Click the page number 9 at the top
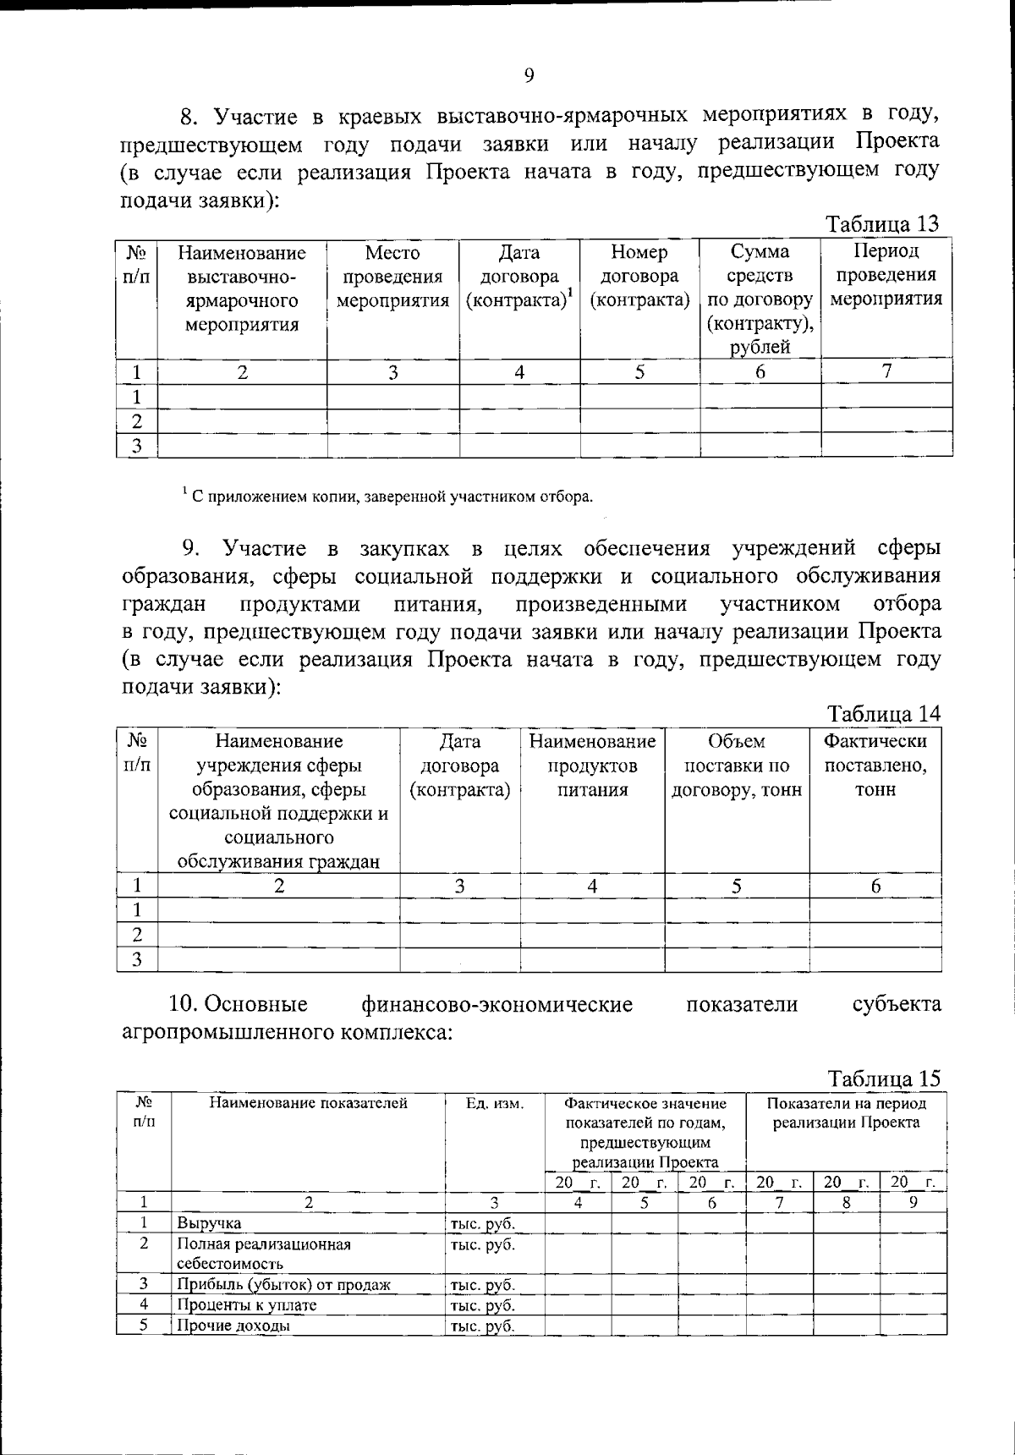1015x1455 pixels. [x=529, y=76]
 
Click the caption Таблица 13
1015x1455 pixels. [x=882, y=224]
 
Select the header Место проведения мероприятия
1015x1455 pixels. [x=392, y=277]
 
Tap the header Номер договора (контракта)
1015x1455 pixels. [x=639, y=277]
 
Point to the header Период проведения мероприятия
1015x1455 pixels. [x=886, y=275]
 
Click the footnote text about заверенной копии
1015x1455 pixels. [x=388, y=497]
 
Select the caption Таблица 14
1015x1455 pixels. [x=883, y=713]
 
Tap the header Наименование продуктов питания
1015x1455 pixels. [x=592, y=766]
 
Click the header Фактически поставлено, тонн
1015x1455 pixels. [x=875, y=766]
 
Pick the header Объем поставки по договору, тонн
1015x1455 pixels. [x=737, y=766]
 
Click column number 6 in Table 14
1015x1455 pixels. [x=875, y=886]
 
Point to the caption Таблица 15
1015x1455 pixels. [x=883, y=1079]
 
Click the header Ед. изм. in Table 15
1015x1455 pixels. [x=495, y=1104]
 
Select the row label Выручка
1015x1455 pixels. [x=209, y=1223]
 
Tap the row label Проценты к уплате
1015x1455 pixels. [x=246, y=1304]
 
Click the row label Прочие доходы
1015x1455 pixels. [x=233, y=1326]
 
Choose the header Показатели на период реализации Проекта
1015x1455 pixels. [x=846, y=1113]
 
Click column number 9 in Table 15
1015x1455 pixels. [x=913, y=1201]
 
